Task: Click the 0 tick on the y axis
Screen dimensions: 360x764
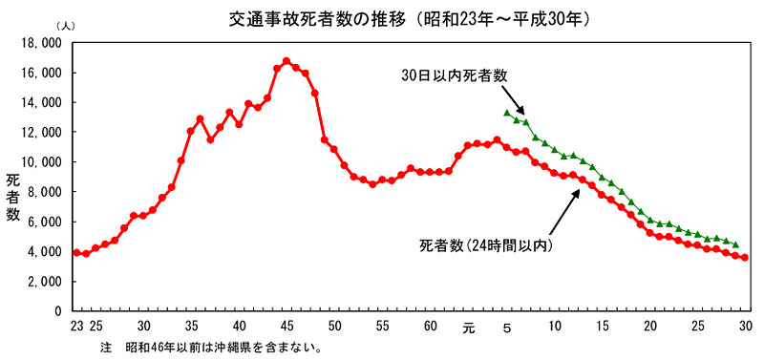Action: click(x=58, y=311)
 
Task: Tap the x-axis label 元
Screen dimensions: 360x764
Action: click(x=468, y=328)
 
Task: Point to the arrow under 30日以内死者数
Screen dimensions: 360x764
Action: click(x=513, y=99)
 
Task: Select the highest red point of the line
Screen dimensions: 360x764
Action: click(x=286, y=61)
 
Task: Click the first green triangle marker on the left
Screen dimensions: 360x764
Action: click(x=507, y=113)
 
